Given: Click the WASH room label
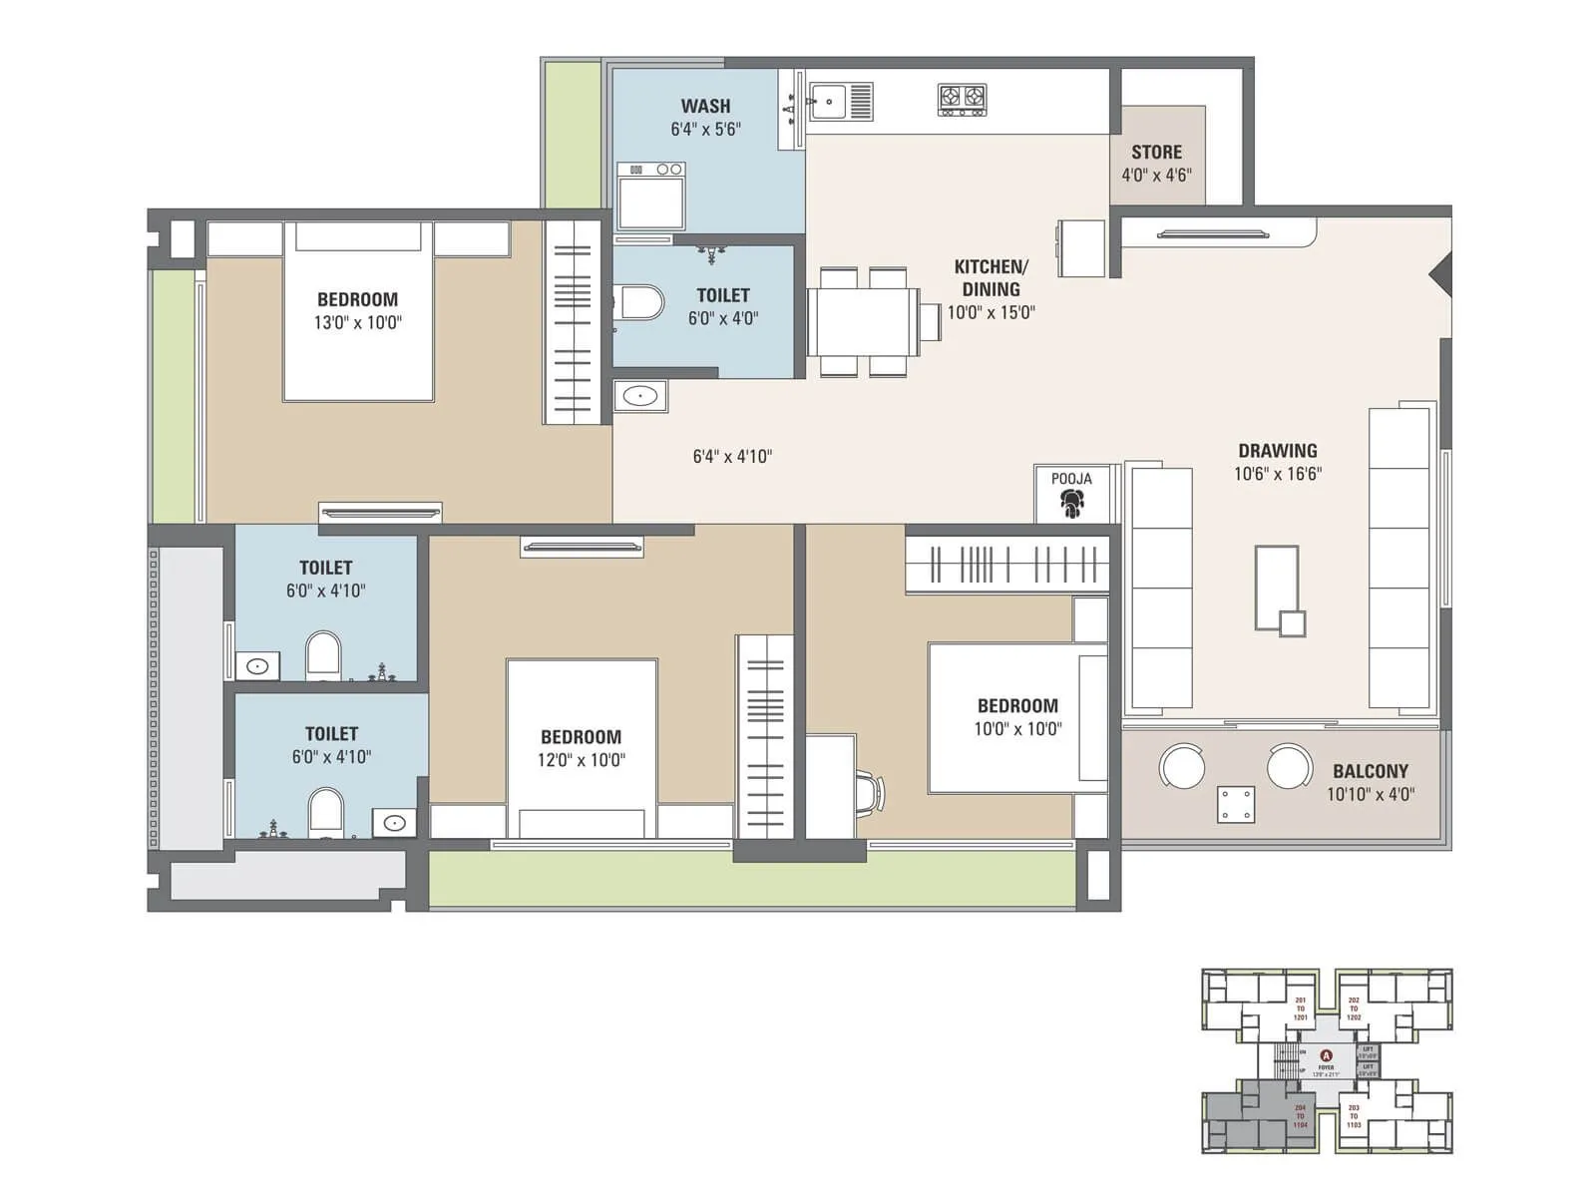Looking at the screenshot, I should pyautogui.click(x=705, y=106).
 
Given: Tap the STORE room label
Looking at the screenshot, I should pyautogui.click(x=1156, y=153).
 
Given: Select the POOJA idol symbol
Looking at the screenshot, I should pyautogui.click(x=1071, y=503).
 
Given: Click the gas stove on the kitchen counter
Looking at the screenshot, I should pyautogui.click(x=962, y=99).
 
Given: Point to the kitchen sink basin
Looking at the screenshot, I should pyautogui.click(x=829, y=101).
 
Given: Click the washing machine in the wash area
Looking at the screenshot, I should pyautogui.click(x=650, y=196).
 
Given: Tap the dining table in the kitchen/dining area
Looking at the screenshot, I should pyautogui.click(x=863, y=321).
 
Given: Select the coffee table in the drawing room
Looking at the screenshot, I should pyautogui.click(x=1277, y=589).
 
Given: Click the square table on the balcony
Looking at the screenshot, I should pyautogui.click(x=1236, y=804).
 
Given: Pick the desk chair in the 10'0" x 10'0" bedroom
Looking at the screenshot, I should pyautogui.click(x=870, y=792).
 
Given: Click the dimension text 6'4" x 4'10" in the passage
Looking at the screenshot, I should pyautogui.click(x=732, y=457).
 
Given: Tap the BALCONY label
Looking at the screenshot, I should pyautogui.click(x=1371, y=771).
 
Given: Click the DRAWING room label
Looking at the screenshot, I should pyautogui.click(x=1277, y=451).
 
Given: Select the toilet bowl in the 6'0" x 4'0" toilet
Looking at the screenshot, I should pyautogui.click(x=641, y=303).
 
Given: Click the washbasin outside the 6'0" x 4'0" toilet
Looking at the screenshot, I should pyautogui.click(x=639, y=396).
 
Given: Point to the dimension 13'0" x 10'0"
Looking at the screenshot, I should pyautogui.click(x=357, y=322).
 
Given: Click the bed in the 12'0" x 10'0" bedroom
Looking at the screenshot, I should pyautogui.click(x=582, y=748).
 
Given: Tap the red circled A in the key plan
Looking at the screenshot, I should pyautogui.click(x=1326, y=1055).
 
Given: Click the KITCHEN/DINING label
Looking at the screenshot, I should pyautogui.click(x=991, y=278).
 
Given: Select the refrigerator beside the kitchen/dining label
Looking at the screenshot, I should pyautogui.click(x=1081, y=248).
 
